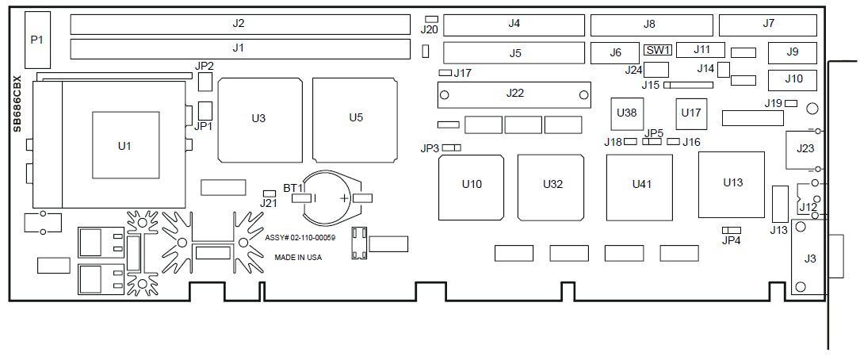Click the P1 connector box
37,40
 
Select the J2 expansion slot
240,24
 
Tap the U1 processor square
125,145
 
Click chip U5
355,120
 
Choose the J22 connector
514,94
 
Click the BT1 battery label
293,188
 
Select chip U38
627,114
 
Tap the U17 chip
691,114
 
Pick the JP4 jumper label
732,240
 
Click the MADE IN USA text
298,257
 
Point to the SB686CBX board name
17,103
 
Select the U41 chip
640,187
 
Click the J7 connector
768,25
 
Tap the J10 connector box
793,80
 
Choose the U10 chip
471,187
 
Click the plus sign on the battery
345,198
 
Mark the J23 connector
801,149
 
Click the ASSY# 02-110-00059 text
300,238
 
